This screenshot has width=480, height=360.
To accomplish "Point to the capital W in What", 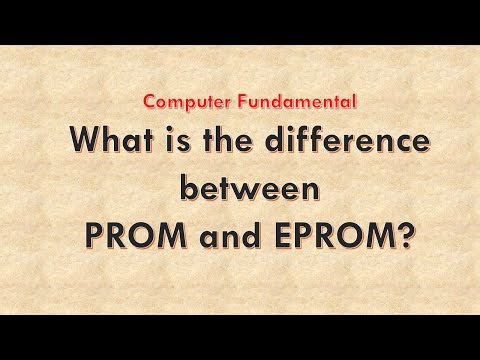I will tap(79, 142).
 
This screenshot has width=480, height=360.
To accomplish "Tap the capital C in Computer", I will tap(147, 101).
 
